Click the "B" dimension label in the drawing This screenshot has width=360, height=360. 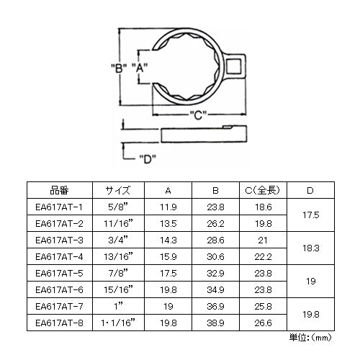coord(119,68)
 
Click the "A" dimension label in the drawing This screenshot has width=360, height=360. coord(140,68)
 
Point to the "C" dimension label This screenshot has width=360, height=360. coord(198,115)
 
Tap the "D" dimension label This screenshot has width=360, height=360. coord(148,158)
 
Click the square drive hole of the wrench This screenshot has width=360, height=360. coord(233,66)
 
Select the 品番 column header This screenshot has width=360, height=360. coord(59,190)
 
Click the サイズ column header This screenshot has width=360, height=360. coord(118,190)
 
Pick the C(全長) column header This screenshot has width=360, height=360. coord(263,190)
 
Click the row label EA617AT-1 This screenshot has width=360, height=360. coord(59,207)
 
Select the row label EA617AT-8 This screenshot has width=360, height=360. coord(59,323)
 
